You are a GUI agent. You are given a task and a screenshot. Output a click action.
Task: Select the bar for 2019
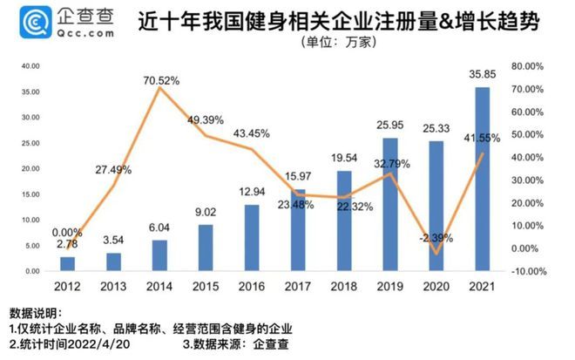pyautogui.click(x=391, y=204)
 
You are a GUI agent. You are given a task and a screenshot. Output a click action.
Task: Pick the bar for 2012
pyautogui.click(x=67, y=263)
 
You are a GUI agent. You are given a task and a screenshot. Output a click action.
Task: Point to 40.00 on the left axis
pyautogui.click(x=31, y=66)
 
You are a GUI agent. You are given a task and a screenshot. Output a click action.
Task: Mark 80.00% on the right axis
pyautogui.click(x=529, y=66)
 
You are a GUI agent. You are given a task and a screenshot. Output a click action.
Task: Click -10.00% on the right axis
pyautogui.click(x=528, y=270)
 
